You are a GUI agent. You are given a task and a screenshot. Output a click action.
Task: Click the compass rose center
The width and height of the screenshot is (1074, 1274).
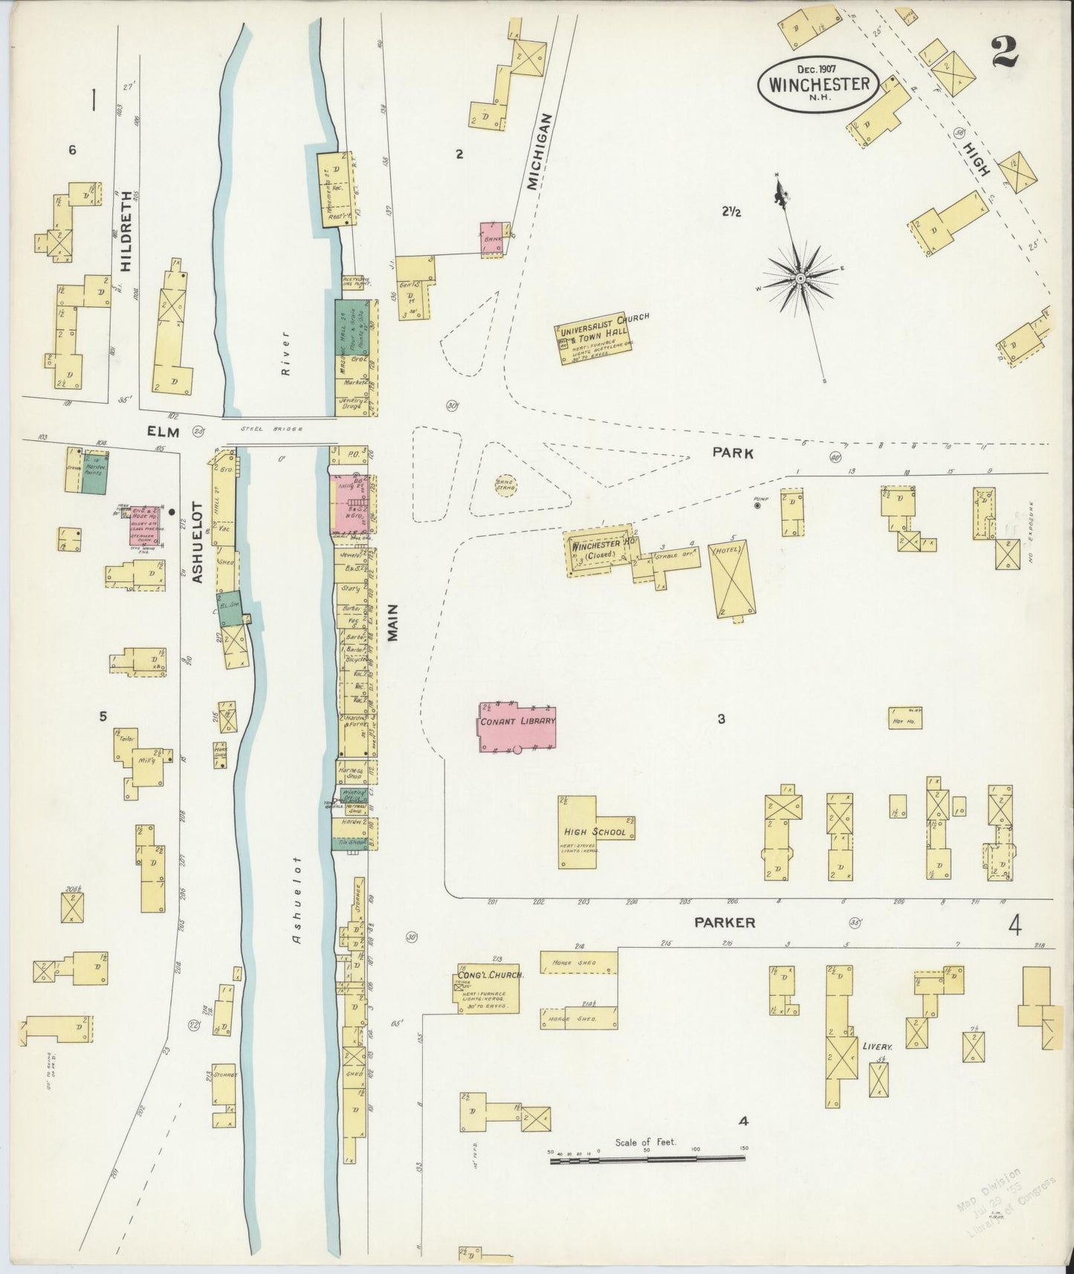801,278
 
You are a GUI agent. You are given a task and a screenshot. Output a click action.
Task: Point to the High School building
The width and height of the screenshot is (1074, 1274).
596,831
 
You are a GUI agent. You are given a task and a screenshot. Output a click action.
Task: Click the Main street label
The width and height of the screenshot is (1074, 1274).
395,622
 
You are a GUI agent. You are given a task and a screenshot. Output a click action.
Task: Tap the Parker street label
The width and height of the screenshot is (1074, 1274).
725,922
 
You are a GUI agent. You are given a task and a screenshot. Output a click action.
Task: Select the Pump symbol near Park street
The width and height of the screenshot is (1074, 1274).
757,505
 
